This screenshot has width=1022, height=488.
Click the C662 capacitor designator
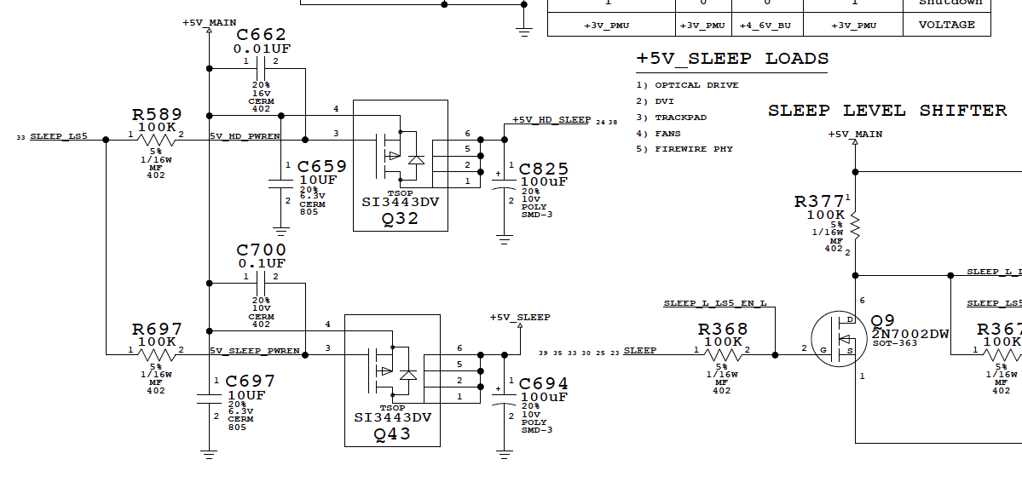tap(261, 35)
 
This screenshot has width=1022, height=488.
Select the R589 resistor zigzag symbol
tap(157, 140)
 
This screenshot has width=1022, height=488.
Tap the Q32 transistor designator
tap(401, 217)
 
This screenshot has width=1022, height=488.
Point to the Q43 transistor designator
tap(392, 433)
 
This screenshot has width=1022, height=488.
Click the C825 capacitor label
tap(543, 169)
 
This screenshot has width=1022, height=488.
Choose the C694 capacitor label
tap(543, 384)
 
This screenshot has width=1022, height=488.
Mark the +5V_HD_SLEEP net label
tap(551, 120)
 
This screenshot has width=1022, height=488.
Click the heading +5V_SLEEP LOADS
tap(732, 59)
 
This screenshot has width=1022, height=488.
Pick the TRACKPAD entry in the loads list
tap(681, 118)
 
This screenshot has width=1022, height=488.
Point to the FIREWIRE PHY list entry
tap(694, 149)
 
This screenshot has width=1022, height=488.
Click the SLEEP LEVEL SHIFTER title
tap(887, 111)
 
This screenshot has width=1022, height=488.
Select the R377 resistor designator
tap(819, 202)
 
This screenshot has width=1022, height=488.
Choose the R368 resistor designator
tap(723, 330)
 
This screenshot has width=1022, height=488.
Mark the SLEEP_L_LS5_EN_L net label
tap(715, 303)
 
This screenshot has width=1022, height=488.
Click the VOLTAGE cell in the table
tap(946, 25)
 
